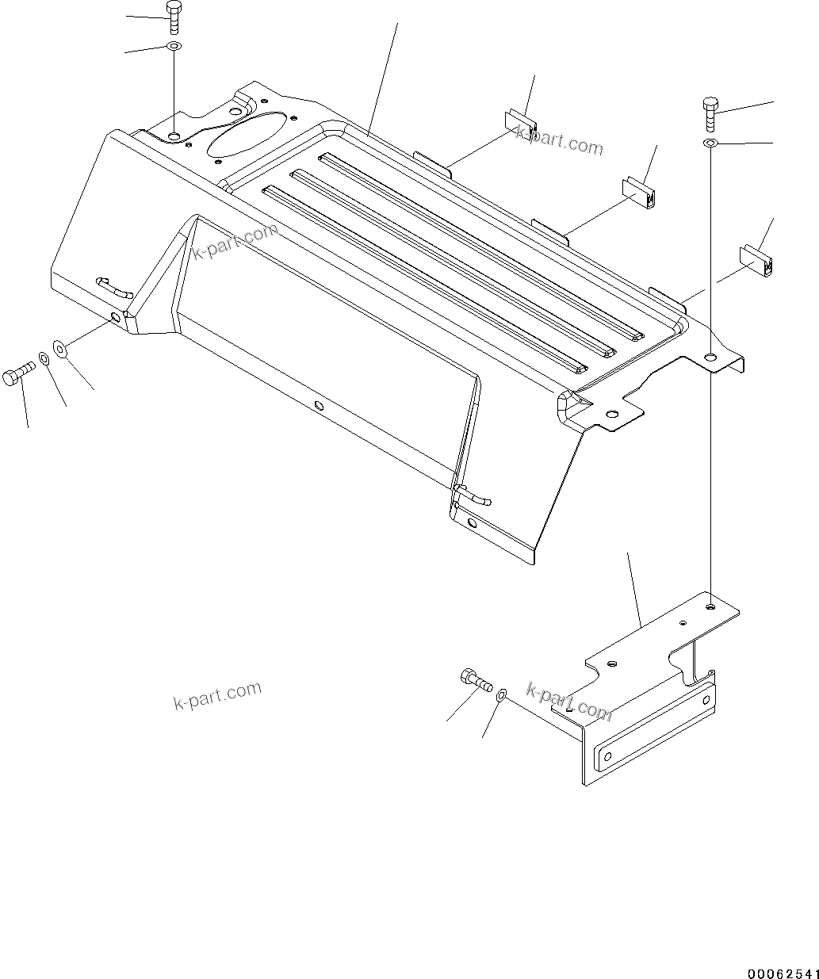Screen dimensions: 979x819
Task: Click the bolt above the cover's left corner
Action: [x=174, y=17]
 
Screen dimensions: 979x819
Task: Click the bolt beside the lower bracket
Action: [x=474, y=679]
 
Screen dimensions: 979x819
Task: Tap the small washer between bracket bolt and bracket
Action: [x=501, y=695]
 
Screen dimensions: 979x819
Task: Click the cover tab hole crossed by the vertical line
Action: [x=711, y=356]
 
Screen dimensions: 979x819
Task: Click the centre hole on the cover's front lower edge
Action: [x=319, y=406]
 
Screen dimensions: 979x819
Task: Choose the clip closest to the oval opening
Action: [x=520, y=123]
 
